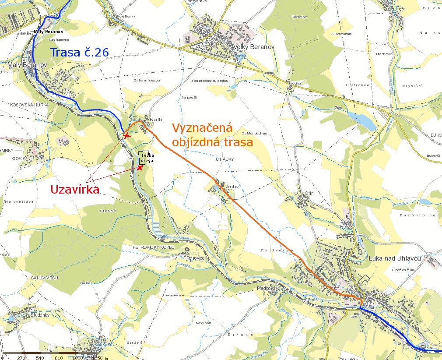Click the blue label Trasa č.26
(79, 53)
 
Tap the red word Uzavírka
(75, 189)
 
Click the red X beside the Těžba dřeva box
(140, 168)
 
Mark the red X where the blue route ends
(126, 136)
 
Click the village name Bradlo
(156, 119)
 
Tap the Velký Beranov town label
(254, 46)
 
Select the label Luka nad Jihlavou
(394, 258)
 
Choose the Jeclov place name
(232, 186)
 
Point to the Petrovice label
(195, 258)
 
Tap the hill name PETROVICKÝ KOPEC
(153, 247)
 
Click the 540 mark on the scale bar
(40, 357)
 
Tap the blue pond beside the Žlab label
(361, 121)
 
